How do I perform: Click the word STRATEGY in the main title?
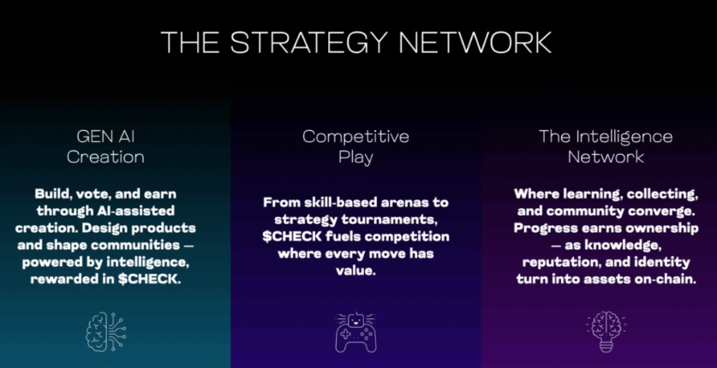pyautogui.click(x=308, y=43)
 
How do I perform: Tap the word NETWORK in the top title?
pyautogui.click(x=475, y=43)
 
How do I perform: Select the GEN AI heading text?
pyautogui.click(x=105, y=137)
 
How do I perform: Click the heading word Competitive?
pyautogui.click(x=356, y=137)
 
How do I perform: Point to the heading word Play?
pyautogui.click(x=356, y=158)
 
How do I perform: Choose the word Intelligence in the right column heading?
pyautogui.click(x=624, y=137)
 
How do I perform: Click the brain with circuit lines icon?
pyautogui.click(x=106, y=331)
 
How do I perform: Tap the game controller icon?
pyautogui.click(x=356, y=332)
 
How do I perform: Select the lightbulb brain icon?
pyautogui.click(x=606, y=331)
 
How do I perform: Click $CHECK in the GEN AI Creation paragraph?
pyautogui.click(x=147, y=280)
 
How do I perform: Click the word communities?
pyautogui.click(x=135, y=245)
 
